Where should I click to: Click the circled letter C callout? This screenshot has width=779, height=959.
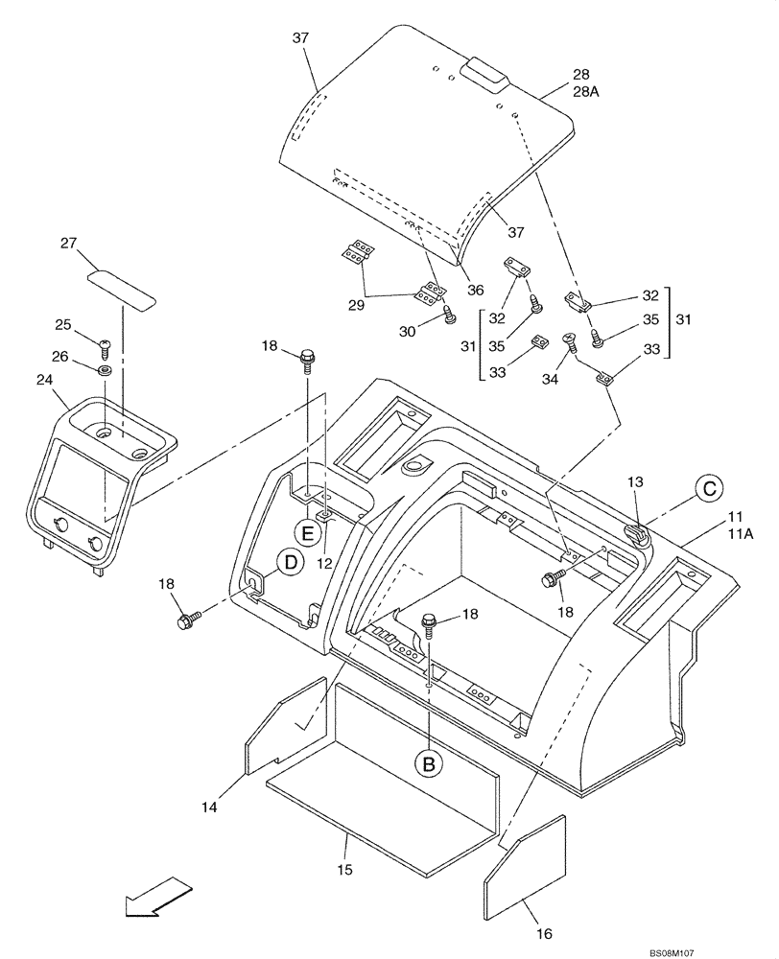708,489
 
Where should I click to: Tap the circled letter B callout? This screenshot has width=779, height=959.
429,762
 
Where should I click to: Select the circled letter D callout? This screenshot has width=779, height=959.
288,564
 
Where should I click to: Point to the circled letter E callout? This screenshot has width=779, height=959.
309,530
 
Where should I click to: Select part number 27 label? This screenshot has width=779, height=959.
68,244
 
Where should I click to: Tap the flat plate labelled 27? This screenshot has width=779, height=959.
123,287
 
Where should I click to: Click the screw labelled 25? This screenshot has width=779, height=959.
106,342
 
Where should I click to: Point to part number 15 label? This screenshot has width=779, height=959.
344,869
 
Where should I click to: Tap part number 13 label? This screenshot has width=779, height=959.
636,480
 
